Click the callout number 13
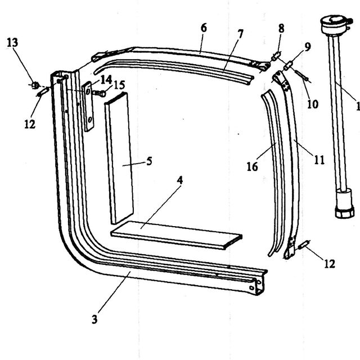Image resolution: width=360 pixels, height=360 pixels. pos(12,43)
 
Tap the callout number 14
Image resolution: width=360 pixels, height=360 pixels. pos(106,80)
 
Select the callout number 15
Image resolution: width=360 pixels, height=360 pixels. pos(119,85)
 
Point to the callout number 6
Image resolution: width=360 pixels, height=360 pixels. pos(204,28)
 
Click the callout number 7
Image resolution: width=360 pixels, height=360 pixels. pos(240,34)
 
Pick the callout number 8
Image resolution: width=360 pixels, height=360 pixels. pos(281,29)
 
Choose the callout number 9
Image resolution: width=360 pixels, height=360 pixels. pos(308,47)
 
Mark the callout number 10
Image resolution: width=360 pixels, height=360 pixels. pos(313,104)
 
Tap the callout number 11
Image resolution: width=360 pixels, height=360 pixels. pos(319,160)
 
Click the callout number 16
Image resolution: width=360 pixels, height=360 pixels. pos(253,166)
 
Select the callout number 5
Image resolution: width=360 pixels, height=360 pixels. pos(149,161)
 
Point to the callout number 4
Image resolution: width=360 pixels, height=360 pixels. pos(180,180)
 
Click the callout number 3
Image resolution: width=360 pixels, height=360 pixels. pos(94,319)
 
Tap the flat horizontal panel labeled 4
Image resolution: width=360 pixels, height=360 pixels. pos(176,235)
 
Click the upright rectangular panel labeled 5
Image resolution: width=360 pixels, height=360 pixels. pos(119,159)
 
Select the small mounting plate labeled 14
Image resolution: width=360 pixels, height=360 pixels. pos(88,106)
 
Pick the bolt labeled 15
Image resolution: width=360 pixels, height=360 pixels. pos(100,93)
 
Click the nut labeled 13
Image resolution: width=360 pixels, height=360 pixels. pos(35,85)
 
